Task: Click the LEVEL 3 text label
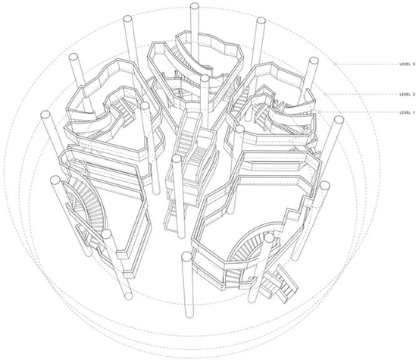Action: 407,64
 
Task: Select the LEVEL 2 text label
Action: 407,94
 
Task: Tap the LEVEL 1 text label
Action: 407,112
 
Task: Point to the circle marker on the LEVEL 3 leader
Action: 335,64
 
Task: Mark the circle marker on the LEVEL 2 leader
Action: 325,94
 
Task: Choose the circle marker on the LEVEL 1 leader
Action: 319,112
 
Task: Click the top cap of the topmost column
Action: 195,6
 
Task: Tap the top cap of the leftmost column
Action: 45,114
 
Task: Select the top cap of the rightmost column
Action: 339,120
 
